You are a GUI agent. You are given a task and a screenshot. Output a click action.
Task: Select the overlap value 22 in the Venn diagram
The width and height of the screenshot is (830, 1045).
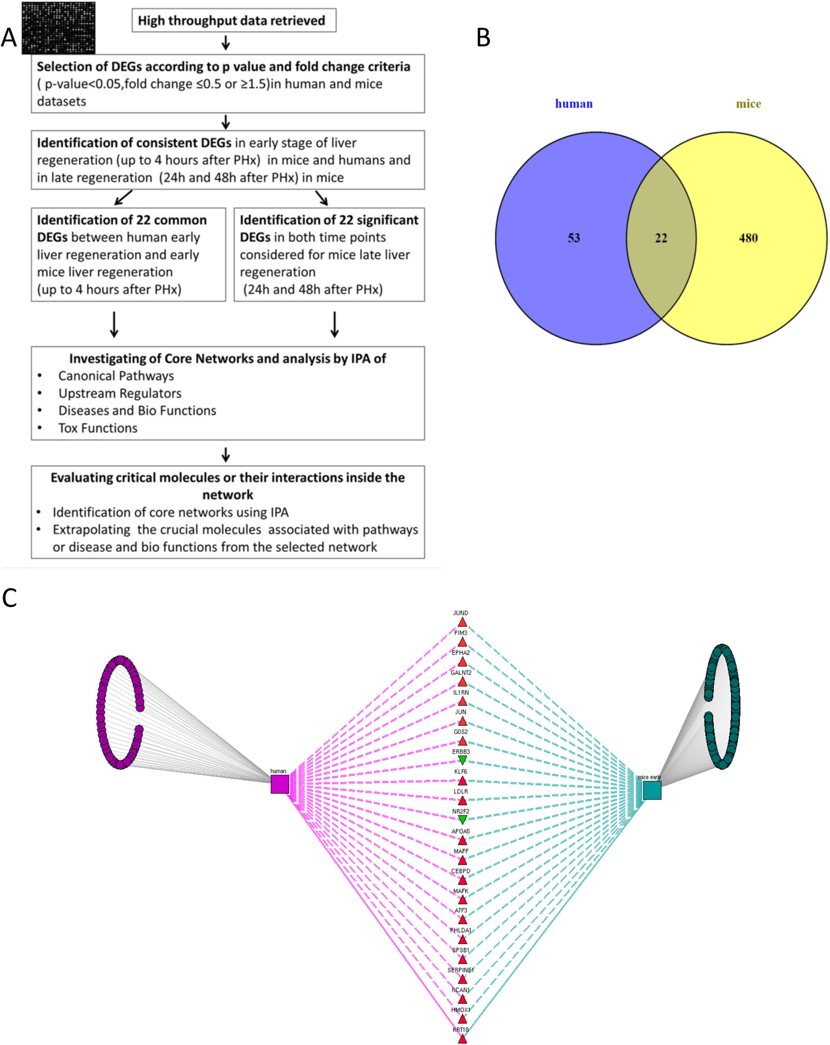click(661, 238)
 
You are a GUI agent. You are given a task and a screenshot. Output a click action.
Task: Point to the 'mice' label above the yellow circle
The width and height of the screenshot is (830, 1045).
click(748, 104)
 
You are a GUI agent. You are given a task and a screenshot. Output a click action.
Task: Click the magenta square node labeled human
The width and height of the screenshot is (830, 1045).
click(279, 784)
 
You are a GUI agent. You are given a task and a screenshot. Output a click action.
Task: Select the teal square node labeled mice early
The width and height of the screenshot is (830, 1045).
click(652, 790)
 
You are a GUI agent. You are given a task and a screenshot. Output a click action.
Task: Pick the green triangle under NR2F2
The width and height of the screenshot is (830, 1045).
click(462, 820)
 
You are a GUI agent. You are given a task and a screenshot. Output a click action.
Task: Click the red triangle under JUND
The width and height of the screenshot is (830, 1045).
click(462, 622)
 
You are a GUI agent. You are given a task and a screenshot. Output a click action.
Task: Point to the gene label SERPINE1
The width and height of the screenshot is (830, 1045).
click(461, 970)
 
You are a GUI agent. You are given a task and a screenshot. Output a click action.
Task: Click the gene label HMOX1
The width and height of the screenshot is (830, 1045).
click(461, 1010)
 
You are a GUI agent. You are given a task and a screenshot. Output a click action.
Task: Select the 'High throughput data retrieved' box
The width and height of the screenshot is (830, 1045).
click(234, 20)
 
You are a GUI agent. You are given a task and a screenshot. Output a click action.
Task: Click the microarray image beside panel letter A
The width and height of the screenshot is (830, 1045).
click(59, 28)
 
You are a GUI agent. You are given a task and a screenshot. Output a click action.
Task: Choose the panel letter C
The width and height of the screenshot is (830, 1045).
click(10, 598)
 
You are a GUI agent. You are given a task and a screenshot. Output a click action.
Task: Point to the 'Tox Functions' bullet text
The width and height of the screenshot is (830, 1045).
click(98, 428)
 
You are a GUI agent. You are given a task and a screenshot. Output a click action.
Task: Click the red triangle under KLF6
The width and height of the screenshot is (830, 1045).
click(462, 781)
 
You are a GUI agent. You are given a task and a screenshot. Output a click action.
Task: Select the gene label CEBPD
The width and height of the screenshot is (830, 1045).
click(461, 871)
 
